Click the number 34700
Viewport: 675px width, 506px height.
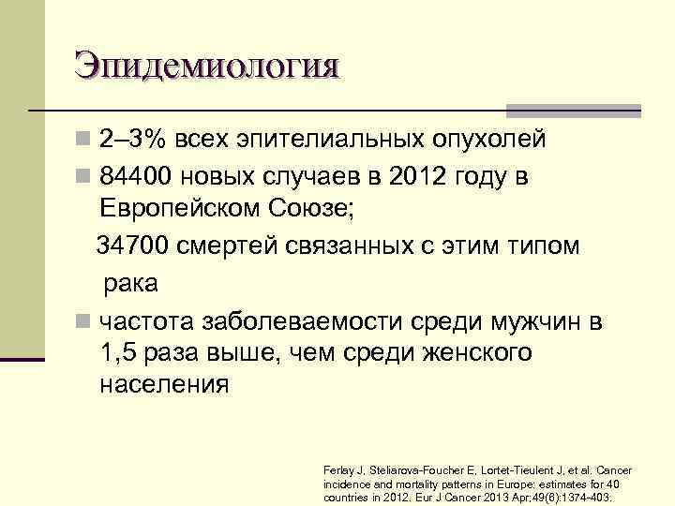tap(140, 246)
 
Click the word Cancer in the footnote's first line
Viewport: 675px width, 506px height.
tap(613, 470)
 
